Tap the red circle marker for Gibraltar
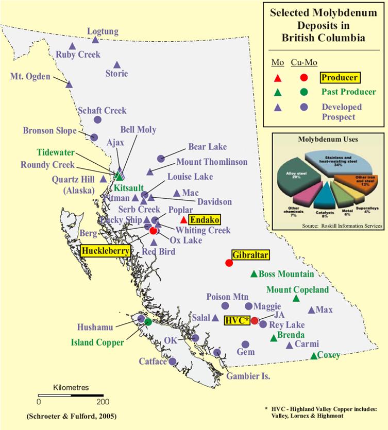[229, 263]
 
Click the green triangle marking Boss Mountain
[254, 273]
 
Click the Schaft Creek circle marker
[97, 119]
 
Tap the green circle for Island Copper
[148, 322]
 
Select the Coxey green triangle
[314, 356]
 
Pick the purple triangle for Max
[311, 310]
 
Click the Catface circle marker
[172, 361]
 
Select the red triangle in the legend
[277, 78]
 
